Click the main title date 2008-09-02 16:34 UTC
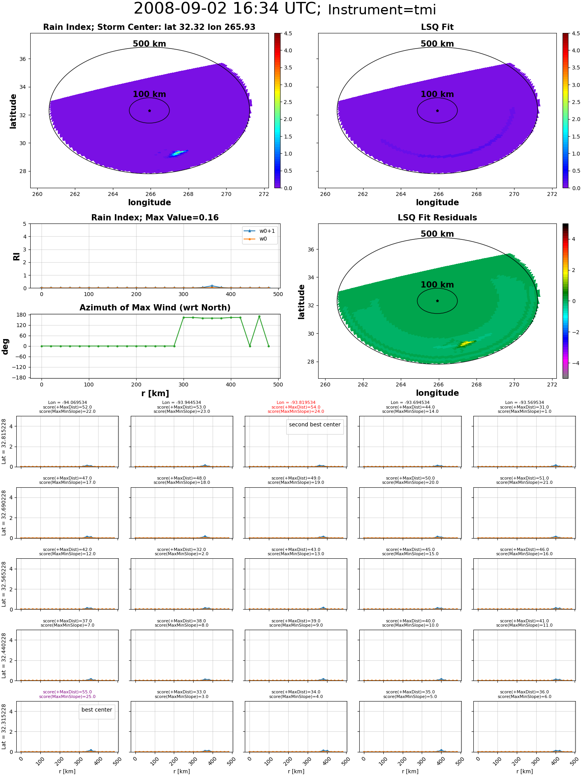(x=227, y=9)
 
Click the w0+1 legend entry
(x=260, y=231)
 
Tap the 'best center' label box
(x=97, y=710)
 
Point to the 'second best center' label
(x=315, y=424)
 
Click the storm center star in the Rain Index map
(x=149, y=111)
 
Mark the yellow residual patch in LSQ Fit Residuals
(x=466, y=343)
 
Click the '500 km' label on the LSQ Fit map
(x=437, y=44)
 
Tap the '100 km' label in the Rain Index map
(x=149, y=94)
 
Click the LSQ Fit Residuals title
(x=437, y=218)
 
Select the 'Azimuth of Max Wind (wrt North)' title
(x=155, y=308)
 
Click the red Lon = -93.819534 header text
(x=296, y=403)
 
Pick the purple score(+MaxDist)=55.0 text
(x=68, y=692)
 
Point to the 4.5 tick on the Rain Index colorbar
(x=288, y=33)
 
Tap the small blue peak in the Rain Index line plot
(x=212, y=286)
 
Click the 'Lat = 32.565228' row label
(x=4, y=584)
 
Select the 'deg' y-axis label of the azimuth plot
(x=5, y=346)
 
